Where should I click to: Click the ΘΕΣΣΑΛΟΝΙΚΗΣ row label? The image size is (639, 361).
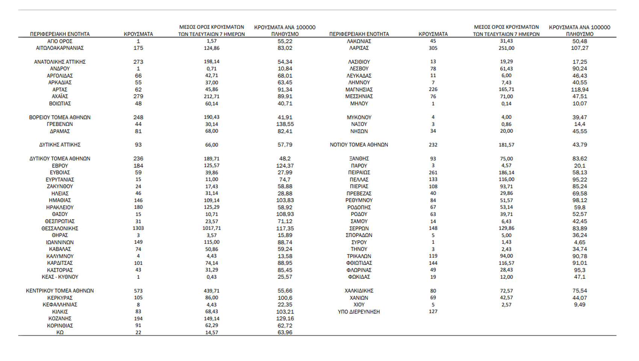coord(60,228)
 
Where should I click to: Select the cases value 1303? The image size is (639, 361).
coord(138,228)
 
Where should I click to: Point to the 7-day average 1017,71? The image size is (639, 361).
coord(212,228)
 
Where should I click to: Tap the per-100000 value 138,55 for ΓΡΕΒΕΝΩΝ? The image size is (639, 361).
coord(285,124)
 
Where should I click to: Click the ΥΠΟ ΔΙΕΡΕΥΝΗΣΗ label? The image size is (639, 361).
coord(359,311)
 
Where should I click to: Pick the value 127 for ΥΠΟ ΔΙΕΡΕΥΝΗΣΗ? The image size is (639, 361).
coord(433,311)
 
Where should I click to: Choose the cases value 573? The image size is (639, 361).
coord(138,291)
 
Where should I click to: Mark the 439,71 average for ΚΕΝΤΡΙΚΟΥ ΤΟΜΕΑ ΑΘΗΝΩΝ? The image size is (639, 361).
coord(212,291)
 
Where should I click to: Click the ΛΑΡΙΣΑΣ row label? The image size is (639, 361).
coord(359,48)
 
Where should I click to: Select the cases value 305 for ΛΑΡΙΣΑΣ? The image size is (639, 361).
coord(433,48)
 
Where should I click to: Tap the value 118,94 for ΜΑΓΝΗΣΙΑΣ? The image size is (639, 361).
coord(580,90)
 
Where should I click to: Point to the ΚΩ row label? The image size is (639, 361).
coord(60,332)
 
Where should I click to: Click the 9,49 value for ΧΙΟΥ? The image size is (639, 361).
coord(580,305)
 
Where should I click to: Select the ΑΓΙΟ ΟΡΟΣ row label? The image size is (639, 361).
coord(60,41)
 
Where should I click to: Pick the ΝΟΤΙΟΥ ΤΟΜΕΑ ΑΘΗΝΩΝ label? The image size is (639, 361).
coord(359,145)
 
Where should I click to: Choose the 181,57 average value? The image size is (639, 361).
coord(506,145)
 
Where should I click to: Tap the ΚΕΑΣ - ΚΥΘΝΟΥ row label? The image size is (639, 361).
coord(60,277)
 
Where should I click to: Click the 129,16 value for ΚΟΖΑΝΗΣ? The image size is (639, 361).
coord(285,319)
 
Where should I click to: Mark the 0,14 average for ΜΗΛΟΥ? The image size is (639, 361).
coord(506,104)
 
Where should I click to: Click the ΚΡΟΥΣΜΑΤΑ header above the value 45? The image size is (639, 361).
coord(433,34)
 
